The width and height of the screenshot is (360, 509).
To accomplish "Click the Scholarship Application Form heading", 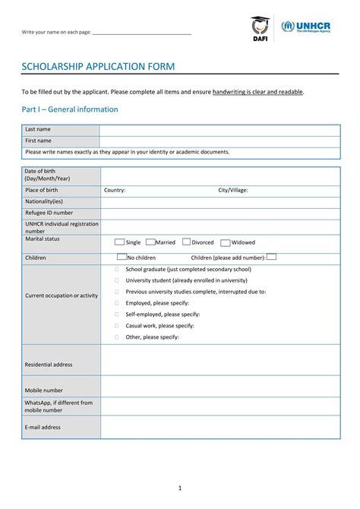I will (98, 67).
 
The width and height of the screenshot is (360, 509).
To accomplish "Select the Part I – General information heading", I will (69, 109).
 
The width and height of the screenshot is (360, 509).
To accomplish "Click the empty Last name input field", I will (219, 130).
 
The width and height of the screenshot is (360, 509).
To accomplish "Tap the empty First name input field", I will (219, 141).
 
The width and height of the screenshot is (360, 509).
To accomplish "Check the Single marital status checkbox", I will (119, 242).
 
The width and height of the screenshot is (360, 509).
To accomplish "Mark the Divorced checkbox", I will (186, 242).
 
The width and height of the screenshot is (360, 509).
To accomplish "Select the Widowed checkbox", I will (226, 243).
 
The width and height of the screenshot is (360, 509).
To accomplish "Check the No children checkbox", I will (120, 258).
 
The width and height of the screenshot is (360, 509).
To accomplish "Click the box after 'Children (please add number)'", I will (271, 257).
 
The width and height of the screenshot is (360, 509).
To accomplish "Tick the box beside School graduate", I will (116, 269).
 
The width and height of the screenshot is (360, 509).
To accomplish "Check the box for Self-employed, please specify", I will (116, 314).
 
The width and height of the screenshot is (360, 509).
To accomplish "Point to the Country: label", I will (115, 191).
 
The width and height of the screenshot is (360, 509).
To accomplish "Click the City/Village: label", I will (233, 191).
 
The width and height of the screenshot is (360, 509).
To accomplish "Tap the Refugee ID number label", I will (49, 213).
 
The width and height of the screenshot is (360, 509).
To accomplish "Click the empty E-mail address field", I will (220, 427).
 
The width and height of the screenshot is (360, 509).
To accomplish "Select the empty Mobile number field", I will (220, 386).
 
